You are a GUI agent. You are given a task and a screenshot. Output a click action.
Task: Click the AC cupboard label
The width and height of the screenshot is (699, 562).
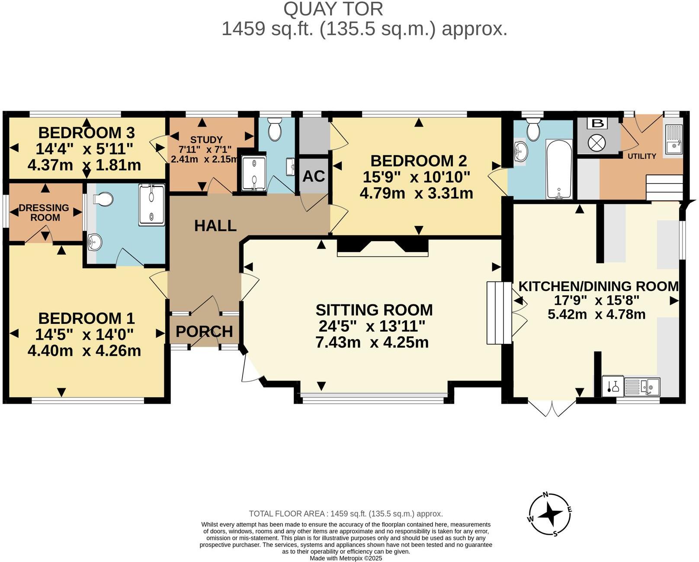pos(314,176)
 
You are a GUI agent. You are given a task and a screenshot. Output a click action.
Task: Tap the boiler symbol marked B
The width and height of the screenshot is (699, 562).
pos(598,123)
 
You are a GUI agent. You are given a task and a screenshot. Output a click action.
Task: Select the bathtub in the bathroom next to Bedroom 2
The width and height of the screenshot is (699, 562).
pos(559,169)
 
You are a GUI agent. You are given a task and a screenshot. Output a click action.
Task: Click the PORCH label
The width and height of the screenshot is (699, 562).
pos(204,332)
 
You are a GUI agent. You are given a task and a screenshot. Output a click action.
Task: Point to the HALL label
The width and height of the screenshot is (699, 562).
pos(215,226)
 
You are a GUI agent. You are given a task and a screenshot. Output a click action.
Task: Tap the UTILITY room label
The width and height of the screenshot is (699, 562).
pos(642,156)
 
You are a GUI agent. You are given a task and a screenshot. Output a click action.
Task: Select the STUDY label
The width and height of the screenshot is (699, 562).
pos(206,139)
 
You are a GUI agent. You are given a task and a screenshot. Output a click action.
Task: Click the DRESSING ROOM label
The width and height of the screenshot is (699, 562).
pos(45,213)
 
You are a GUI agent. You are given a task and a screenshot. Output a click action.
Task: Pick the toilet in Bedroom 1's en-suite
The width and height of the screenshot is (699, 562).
pos(103,200)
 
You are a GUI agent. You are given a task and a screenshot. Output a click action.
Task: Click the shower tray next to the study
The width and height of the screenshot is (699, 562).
pos(254,173)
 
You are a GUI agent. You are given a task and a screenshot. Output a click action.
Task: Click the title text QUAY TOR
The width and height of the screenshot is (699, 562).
pos(333,9)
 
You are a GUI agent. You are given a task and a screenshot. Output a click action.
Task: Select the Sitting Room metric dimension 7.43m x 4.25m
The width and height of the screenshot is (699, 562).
pos(372,342)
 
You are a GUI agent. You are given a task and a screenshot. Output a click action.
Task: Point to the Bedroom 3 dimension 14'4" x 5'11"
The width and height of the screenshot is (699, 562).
pos(84,149)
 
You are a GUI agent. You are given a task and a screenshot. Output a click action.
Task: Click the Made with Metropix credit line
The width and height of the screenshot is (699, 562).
pos(346,559)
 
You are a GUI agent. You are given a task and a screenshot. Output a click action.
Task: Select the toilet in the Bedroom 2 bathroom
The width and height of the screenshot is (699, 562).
pos(533,129)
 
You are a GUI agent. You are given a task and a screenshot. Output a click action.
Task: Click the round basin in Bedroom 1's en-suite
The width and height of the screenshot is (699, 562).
pos(94,242)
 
